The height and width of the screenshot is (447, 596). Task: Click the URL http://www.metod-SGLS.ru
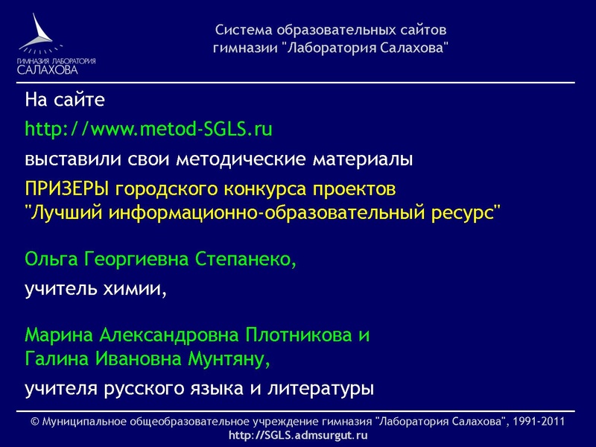pos(149,129)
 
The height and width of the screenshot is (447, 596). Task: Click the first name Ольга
pos(49,259)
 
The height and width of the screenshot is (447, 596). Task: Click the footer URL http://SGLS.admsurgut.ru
pos(298,435)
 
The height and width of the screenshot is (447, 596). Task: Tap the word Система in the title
pos(244,31)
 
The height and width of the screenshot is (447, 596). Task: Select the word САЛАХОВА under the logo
pos(48,70)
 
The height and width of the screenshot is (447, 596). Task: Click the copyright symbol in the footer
pos(35,422)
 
